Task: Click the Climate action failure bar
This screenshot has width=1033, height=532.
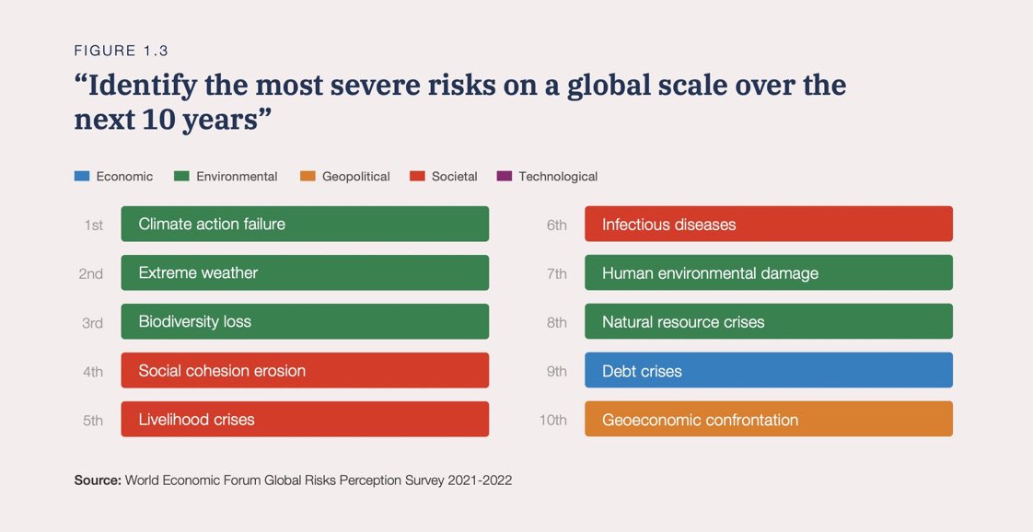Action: coord(305,224)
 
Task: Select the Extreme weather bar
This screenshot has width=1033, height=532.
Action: coord(305,272)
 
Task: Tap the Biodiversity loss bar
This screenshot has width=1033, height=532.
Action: coord(305,321)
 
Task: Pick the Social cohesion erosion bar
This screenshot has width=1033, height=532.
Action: coord(305,370)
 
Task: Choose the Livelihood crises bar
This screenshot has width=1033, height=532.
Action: coord(305,419)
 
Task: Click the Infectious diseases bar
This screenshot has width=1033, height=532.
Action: coord(768,224)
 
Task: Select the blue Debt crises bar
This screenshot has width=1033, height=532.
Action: coord(768,370)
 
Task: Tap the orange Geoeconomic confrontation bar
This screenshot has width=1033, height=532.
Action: coord(768,419)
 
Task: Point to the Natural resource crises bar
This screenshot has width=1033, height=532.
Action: coord(768,321)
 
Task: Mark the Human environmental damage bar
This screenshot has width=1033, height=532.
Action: coord(768,272)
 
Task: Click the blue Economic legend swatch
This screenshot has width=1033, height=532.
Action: coord(81,176)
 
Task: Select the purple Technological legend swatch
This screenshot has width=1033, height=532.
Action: coord(504,176)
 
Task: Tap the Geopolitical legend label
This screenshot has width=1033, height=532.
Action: coord(355,176)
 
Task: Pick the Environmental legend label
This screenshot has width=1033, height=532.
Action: coord(237,176)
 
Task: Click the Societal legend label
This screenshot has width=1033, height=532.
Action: coord(454,176)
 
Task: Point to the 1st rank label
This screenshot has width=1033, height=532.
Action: coord(93,225)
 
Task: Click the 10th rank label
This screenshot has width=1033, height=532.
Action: coord(552,421)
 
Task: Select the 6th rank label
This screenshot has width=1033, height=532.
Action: coord(556,225)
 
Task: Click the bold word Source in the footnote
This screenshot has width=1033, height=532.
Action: coord(97,480)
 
